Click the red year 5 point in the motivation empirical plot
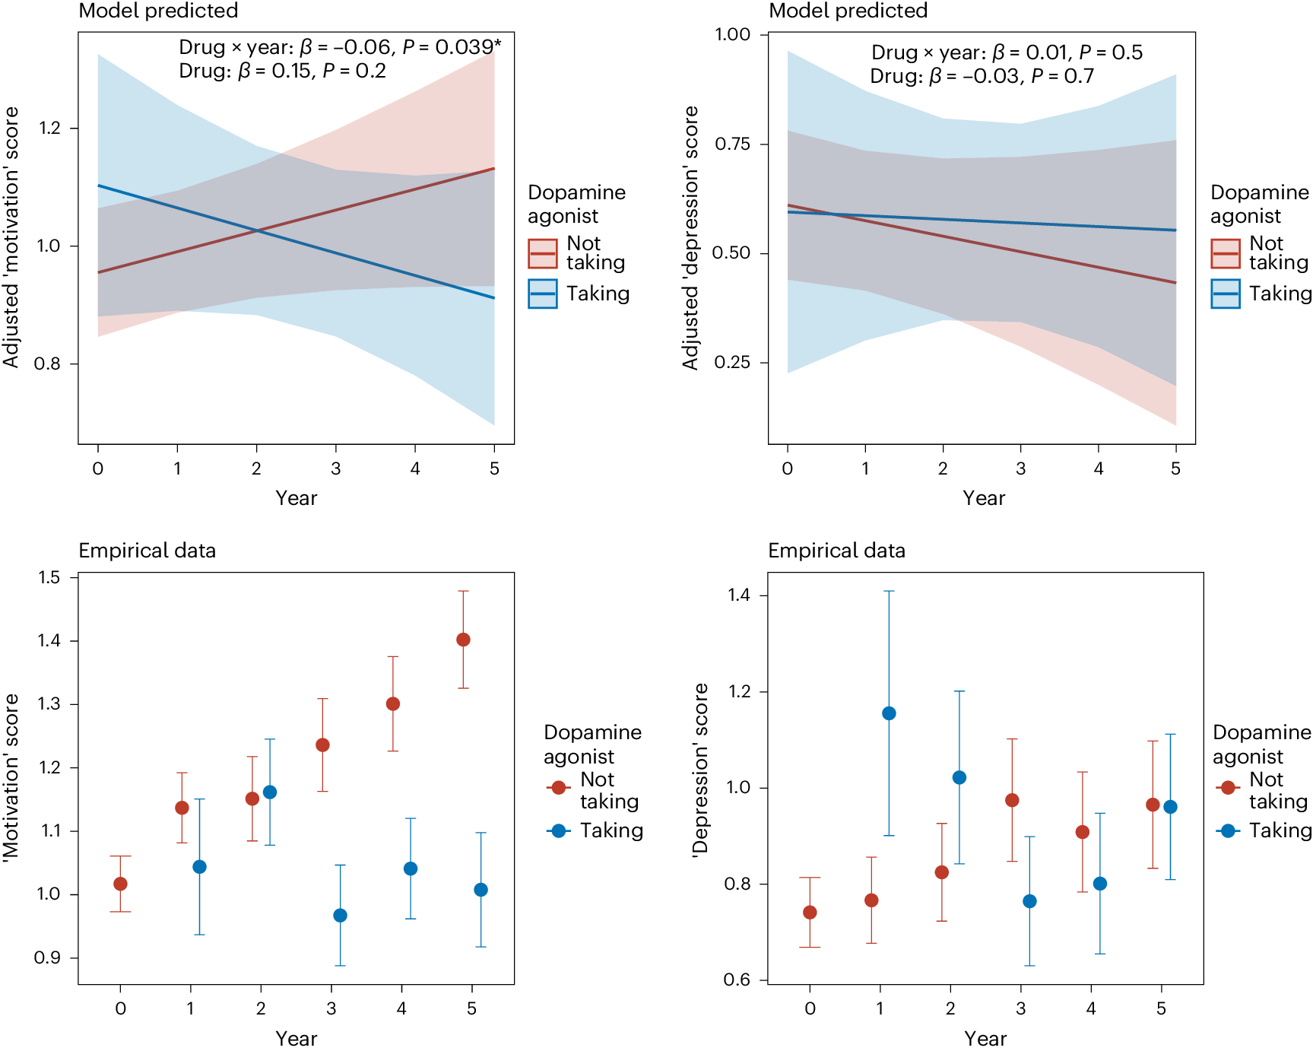(x=463, y=640)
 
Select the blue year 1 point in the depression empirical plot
(x=889, y=713)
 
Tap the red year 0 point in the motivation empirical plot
(x=120, y=884)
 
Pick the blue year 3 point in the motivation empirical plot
(x=340, y=916)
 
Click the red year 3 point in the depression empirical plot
(x=1012, y=800)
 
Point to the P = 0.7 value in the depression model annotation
(x=1062, y=76)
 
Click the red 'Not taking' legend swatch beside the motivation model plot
(x=543, y=253)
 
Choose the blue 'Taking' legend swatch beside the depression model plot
(x=1226, y=294)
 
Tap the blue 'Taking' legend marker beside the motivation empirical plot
(x=559, y=830)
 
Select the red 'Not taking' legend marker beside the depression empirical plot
(x=1228, y=787)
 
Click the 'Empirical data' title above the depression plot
(x=836, y=551)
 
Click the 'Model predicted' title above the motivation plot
(x=158, y=11)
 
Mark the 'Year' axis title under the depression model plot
(x=984, y=498)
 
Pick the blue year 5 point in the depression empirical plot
(x=1170, y=807)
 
